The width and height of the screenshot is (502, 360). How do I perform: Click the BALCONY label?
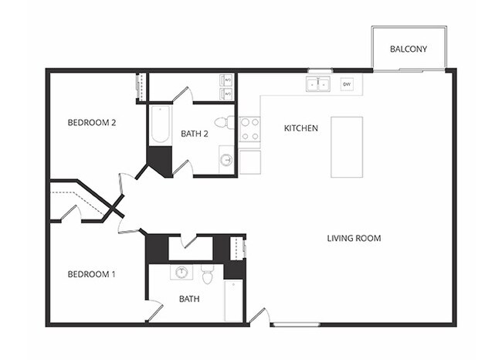[x=408, y=49]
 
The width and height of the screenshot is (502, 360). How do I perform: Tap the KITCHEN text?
[x=301, y=128]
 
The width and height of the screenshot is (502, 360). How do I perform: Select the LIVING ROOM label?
[x=354, y=239]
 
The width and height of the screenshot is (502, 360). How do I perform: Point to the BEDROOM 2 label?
[x=91, y=122]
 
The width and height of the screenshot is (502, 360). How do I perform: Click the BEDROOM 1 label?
[x=91, y=274]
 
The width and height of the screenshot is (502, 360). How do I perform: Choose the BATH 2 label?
[x=195, y=134]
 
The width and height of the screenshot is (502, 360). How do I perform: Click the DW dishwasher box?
[x=347, y=83]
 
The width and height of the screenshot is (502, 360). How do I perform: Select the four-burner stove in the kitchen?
[x=249, y=129]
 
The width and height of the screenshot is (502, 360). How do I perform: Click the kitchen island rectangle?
[x=347, y=147]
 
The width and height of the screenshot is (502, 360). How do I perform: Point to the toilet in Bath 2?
[x=222, y=122]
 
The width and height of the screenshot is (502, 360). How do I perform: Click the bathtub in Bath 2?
[x=160, y=125]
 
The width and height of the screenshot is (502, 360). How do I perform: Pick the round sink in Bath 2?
[x=226, y=161]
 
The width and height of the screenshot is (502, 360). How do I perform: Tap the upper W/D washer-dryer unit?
[x=226, y=80]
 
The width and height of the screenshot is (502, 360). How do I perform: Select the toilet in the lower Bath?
[x=207, y=273]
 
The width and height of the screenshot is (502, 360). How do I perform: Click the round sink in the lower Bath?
[x=182, y=272]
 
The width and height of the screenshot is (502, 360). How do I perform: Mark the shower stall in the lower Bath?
[x=233, y=301]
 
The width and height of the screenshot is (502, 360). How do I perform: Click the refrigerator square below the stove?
[x=249, y=162]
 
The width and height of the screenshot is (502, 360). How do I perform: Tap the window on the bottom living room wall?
[x=297, y=324]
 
